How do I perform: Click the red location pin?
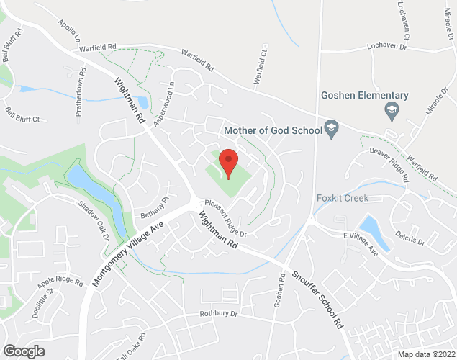tap(228, 162)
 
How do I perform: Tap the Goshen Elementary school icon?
tap(392, 109)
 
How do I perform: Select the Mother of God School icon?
tap(332, 130)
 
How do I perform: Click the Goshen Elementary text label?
tap(365, 95)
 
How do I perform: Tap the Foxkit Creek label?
tap(343, 198)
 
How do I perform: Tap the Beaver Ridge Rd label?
tap(389, 165)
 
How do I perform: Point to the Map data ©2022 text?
tap(425, 354)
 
